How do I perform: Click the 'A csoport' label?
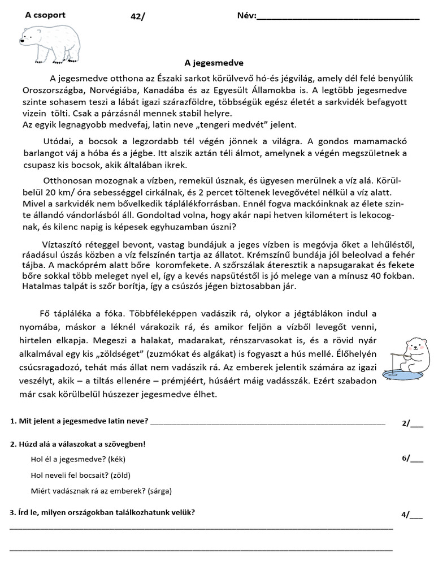coord(45,15)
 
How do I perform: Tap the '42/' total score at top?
coord(137,16)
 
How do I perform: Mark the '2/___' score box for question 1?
coord(412,422)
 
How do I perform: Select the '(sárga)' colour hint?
coord(159,491)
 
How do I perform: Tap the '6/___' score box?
coord(412,458)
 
